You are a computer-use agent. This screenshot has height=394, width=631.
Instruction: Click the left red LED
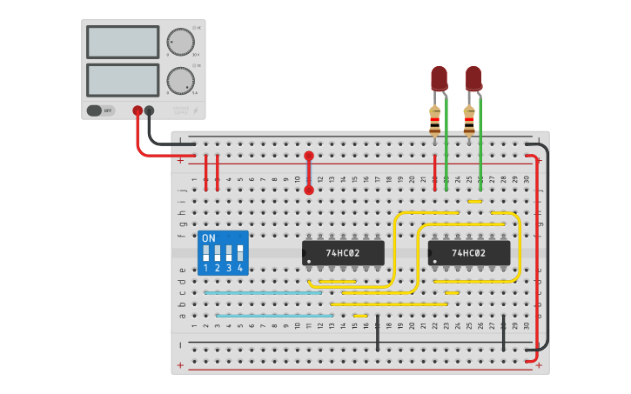coord(439,78)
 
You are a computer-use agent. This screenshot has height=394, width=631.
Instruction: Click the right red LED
coord(473,78)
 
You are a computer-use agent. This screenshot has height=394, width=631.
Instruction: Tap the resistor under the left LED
coord(435,120)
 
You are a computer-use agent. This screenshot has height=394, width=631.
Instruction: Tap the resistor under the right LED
coord(469,120)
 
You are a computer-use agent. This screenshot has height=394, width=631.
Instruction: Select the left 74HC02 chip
coord(343,253)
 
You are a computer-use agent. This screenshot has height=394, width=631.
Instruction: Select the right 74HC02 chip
coord(468,253)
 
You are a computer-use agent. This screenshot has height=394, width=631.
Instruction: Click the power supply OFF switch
coord(100,110)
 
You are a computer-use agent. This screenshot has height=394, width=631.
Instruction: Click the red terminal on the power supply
coord(138,110)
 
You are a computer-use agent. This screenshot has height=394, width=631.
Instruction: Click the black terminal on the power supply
coord(150,110)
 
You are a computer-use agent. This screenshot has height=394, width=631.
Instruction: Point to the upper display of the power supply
coord(122,42)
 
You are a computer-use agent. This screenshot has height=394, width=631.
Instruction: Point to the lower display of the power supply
coord(122,80)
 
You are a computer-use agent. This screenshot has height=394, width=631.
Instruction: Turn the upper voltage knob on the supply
coord(180,42)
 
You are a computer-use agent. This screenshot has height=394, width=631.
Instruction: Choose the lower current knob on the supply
coord(180,81)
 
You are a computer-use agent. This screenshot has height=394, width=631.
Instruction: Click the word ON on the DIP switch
coord(208,238)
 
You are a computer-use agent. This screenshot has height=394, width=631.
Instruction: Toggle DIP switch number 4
coord(240,253)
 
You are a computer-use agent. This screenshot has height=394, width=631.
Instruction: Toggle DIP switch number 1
coord(206,253)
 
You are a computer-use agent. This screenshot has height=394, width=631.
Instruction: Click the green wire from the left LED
coord(446,144)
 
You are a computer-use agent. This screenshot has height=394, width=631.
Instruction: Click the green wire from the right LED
coord(480,144)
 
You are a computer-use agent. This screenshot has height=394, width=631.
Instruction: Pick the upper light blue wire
coord(263,293)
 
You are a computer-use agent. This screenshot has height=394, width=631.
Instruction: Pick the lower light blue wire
coord(274,315)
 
